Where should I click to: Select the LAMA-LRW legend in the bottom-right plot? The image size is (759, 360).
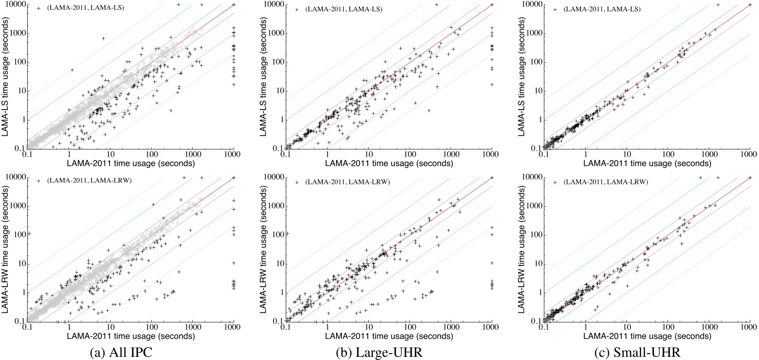coord(605,182)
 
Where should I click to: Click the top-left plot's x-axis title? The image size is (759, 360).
coord(131,163)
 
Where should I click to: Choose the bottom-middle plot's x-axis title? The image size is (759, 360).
coord(389,336)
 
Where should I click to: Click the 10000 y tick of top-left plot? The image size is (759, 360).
coord(15,5)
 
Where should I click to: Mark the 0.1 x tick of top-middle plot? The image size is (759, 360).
coord(286,154)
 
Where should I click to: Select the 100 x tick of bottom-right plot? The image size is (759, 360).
coord(668,327)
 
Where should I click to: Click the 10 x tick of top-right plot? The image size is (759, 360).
coord(627,154)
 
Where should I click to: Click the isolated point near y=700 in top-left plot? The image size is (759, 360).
coord(103,38)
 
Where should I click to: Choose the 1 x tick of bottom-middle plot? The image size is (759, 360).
coord(327,327)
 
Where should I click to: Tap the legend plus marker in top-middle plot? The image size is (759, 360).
coord(297,9)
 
